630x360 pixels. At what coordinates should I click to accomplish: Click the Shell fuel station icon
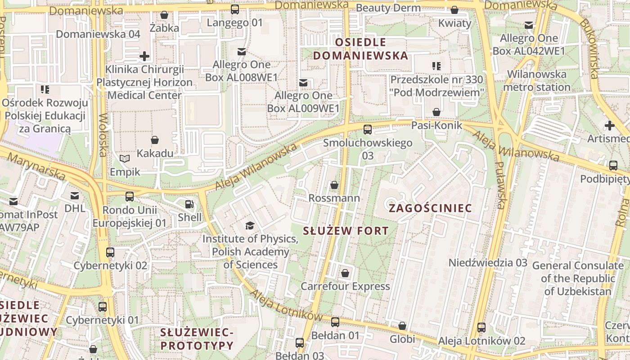pos(189,204)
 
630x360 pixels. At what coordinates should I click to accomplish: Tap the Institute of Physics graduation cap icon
pos(249,225)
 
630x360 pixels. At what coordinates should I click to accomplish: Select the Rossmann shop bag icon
pos(334,184)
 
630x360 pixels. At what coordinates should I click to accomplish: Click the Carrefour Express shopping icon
pos(345,273)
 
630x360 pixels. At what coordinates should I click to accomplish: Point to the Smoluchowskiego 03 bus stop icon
pos(368,130)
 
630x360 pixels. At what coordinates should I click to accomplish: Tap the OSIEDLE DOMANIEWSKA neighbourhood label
pos(360,49)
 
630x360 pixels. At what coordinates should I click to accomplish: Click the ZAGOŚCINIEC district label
pos(430,208)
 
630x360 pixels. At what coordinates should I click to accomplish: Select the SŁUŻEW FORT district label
pos(346,231)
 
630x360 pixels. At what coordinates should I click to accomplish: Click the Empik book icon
pos(125,158)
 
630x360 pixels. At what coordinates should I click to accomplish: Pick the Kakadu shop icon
pos(155,140)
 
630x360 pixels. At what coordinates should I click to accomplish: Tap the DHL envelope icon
pos(75,195)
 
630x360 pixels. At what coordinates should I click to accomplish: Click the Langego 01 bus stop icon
pos(235,9)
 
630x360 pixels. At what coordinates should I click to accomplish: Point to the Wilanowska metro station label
pos(537,81)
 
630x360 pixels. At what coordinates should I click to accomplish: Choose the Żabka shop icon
pos(164,15)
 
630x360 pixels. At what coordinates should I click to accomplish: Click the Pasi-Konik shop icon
pos(436,112)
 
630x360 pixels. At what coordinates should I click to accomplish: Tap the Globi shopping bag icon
pos(402,325)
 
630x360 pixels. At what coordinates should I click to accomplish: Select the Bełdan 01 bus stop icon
pos(335,322)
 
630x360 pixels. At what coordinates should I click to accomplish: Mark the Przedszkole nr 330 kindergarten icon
pos(436,66)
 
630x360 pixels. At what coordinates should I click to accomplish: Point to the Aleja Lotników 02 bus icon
pos(481,327)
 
